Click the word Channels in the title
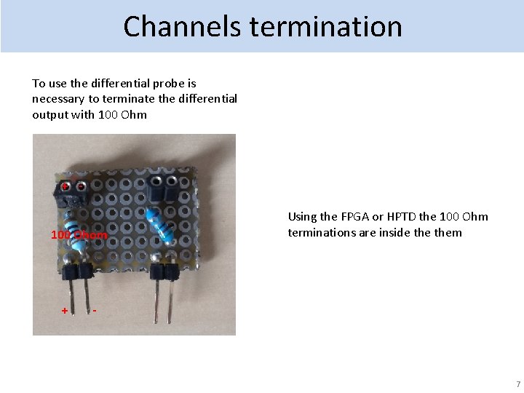pyautogui.click(x=183, y=27)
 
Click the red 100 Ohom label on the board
pyautogui.click(x=79, y=235)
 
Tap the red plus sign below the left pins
pyautogui.click(x=65, y=311)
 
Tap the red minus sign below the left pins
pyautogui.click(x=95, y=311)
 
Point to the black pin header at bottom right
pyautogui.click(x=164, y=272)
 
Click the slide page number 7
pyautogui.click(x=517, y=384)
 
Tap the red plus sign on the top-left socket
pyautogui.click(x=65, y=187)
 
